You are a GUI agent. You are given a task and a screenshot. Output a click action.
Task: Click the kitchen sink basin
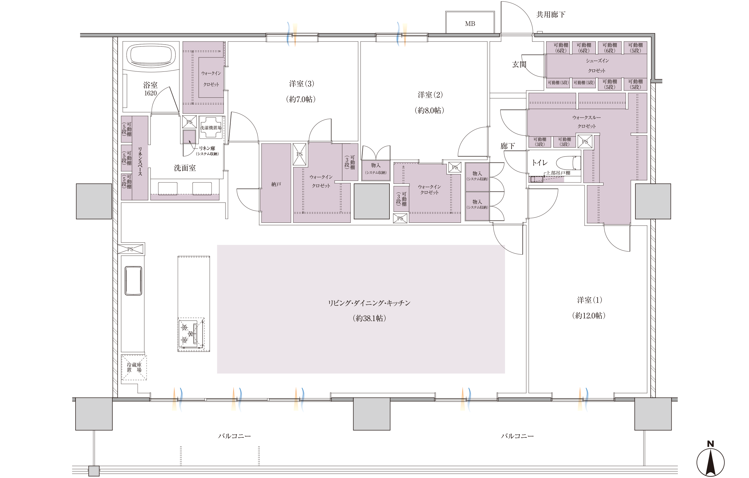(x=133, y=280)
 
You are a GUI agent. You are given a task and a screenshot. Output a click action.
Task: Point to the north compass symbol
(x=710, y=461)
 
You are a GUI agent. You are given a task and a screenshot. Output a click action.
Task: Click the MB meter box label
(x=470, y=24)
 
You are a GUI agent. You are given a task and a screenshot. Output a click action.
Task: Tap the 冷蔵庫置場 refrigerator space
(x=134, y=367)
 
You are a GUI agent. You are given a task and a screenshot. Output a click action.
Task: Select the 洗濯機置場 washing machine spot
(x=211, y=127)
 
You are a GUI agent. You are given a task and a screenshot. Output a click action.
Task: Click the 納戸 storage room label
(x=276, y=184)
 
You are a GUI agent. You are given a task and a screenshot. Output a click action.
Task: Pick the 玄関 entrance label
(x=519, y=64)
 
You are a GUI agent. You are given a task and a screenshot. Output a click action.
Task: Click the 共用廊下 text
(x=551, y=15)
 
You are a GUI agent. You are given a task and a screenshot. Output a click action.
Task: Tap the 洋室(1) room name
(x=589, y=300)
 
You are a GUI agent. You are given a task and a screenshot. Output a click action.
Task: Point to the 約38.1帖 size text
(x=369, y=318)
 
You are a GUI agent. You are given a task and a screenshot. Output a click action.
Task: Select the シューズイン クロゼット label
(x=597, y=66)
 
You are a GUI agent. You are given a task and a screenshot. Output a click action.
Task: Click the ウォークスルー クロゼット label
(x=586, y=122)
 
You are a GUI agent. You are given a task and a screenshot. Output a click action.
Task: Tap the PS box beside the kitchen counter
(x=130, y=249)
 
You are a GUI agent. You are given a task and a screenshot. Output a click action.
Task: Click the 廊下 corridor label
(x=507, y=146)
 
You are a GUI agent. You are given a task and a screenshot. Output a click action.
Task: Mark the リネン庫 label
(x=207, y=149)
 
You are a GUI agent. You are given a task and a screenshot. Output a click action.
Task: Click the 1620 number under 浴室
(x=150, y=93)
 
